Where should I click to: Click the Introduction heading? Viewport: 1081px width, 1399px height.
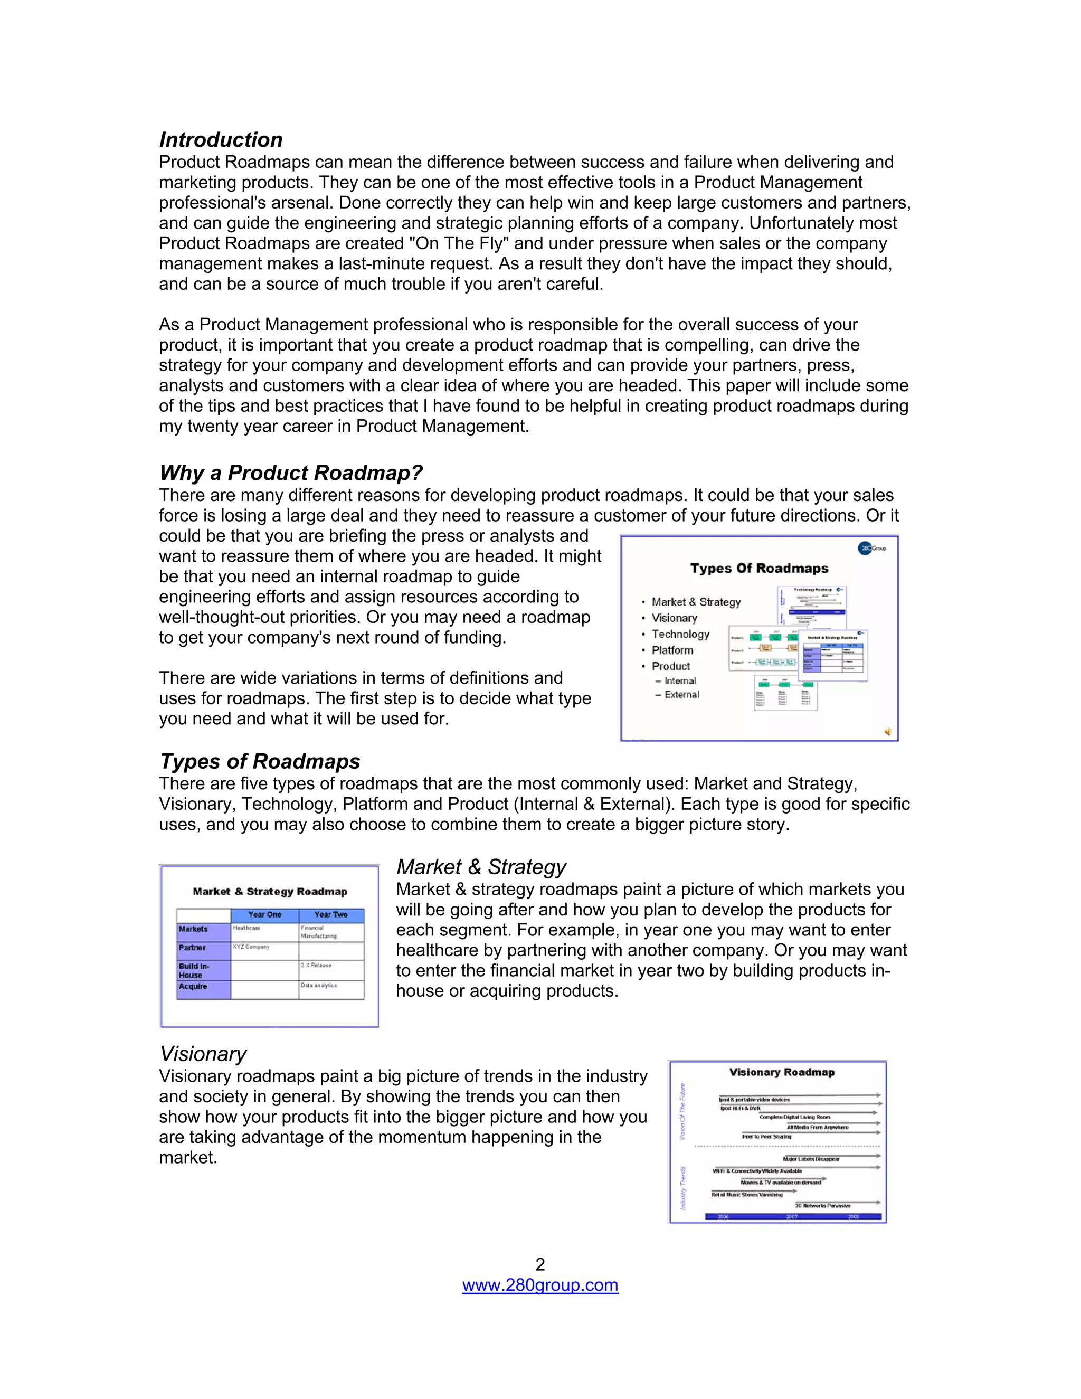point(221,140)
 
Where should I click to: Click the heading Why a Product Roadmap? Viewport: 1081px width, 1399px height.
point(291,472)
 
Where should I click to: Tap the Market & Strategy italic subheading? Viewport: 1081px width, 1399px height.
point(481,867)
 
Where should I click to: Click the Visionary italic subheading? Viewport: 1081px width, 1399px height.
point(203,1054)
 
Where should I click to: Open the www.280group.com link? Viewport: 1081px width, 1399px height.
point(540,1285)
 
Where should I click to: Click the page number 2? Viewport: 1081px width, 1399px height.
point(540,1264)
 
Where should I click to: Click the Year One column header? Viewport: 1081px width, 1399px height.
point(264,915)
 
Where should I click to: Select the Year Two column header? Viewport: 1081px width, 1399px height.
point(331,915)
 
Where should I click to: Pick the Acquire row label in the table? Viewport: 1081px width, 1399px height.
point(193,987)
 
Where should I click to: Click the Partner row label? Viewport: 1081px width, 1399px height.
point(192,948)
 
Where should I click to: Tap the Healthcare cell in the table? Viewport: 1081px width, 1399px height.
point(246,928)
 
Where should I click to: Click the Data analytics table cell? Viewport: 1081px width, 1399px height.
point(319,985)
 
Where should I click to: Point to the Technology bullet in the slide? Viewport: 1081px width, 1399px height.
point(680,634)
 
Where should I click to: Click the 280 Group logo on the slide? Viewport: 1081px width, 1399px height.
point(871,549)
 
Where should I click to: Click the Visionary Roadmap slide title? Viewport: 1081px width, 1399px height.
point(781,1072)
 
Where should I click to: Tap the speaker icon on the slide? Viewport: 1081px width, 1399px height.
point(888,732)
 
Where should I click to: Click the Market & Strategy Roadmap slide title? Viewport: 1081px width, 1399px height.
point(270,892)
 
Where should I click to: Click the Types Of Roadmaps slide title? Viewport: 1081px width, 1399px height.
point(759,568)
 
